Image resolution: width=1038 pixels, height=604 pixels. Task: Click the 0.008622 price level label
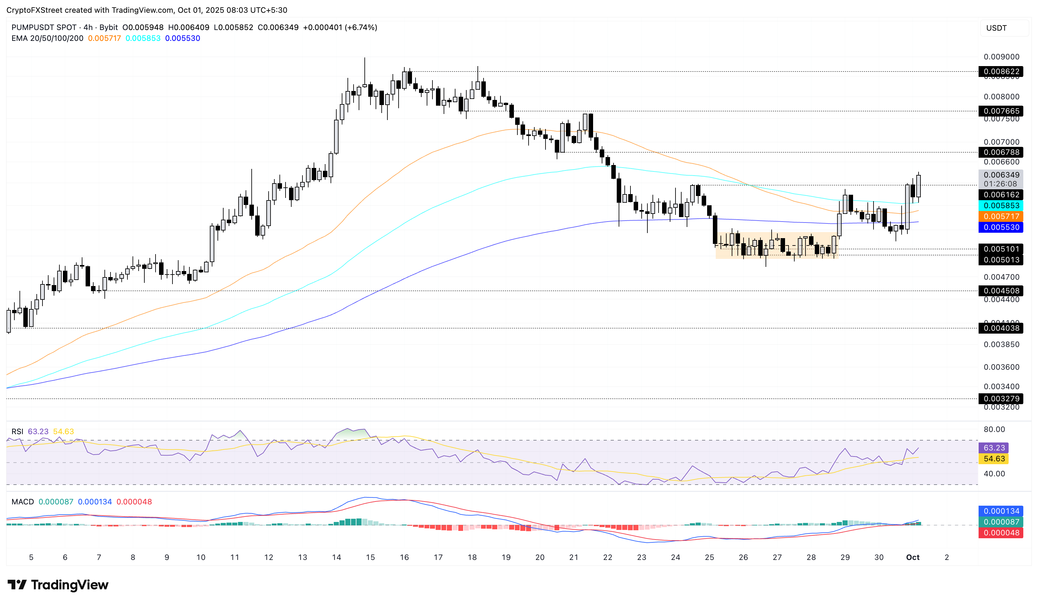click(1001, 72)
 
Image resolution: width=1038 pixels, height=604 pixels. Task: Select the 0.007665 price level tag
click(1001, 111)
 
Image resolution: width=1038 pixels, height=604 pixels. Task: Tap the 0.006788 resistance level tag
click(1001, 152)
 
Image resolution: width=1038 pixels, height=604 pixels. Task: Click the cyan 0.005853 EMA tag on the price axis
click(1001, 206)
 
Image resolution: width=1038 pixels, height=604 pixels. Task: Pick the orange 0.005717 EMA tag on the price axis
click(1001, 216)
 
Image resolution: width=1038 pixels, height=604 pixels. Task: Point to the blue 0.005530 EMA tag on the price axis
click(1001, 227)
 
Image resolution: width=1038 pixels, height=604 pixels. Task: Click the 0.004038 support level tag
click(1001, 328)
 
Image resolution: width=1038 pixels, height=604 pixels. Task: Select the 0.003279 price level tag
click(1001, 398)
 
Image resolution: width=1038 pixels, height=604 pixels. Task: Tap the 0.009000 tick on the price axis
click(1001, 57)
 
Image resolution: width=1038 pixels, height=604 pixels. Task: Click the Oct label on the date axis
click(912, 557)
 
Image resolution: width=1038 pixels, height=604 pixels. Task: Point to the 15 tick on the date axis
click(370, 557)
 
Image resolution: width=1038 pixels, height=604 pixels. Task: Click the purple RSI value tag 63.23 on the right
click(994, 448)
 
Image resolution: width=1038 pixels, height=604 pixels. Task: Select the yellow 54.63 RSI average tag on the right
click(994, 459)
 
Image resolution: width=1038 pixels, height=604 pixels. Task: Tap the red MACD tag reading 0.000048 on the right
click(1001, 533)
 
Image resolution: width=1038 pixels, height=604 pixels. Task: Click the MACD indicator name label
click(23, 502)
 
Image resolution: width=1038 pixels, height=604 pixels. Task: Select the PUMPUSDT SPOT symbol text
click(44, 27)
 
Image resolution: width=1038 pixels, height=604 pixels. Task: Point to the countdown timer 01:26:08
click(1000, 184)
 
